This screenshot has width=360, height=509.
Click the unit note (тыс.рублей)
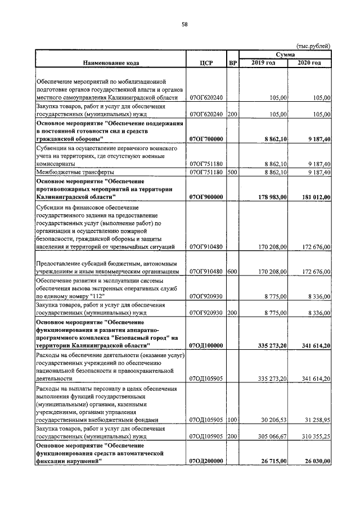313,46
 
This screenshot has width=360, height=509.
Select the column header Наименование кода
111,62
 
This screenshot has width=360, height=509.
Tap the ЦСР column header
206,62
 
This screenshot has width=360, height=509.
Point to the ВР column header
232,62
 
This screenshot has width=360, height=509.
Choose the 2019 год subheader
264,62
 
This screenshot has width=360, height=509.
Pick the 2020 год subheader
309,62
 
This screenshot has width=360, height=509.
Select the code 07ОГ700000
207,139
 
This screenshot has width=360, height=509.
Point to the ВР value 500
232,172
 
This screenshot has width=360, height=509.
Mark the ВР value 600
232,272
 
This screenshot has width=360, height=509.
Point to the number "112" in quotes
97,295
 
